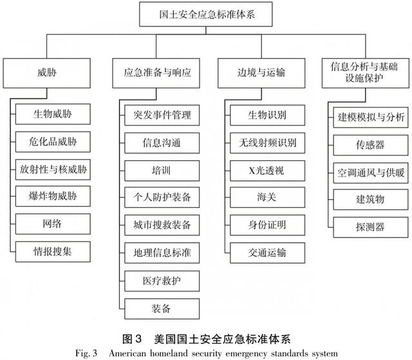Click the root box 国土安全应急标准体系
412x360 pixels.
pyautogui.click(x=206, y=14)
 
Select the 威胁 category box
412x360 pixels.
pyautogui.click(x=47, y=73)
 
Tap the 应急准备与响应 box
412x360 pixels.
pyautogui.click(x=156, y=73)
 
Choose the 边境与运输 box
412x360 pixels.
pyautogui.click(x=261, y=73)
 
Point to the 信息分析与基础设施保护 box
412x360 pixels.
pyautogui.click(x=366, y=73)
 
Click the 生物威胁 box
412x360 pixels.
pyautogui.click(x=53, y=114)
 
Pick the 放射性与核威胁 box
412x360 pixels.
pyautogui.click(x=53, y=169)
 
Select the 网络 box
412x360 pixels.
pyautogui.click(x=53, y=224)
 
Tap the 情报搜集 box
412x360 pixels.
pyautogui.click(x=53, y=252)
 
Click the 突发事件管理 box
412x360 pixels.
pyautogui.click(x=162, y=115)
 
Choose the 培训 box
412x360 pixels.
pyautogui.click(x=162, y=171)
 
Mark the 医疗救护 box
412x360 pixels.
pyautogui.click(x=162, y=281)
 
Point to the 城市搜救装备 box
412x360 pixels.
pyautogui.click(x=162, y=225)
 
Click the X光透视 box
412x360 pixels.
pyautogui.click(x=268, y=171)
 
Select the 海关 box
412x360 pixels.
pyautogui.click(x=268, y=197)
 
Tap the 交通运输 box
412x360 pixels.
pyautogui.click(x=268, y=253)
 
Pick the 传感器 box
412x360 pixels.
pyautogui.click(x=371, y=145)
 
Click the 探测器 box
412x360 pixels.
pyautogui.click(x=371, y=227)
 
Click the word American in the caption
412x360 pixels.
pyautogui.click(x=127, y=353)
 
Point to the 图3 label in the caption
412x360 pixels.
pyautogui.click(x=132, y=339)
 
